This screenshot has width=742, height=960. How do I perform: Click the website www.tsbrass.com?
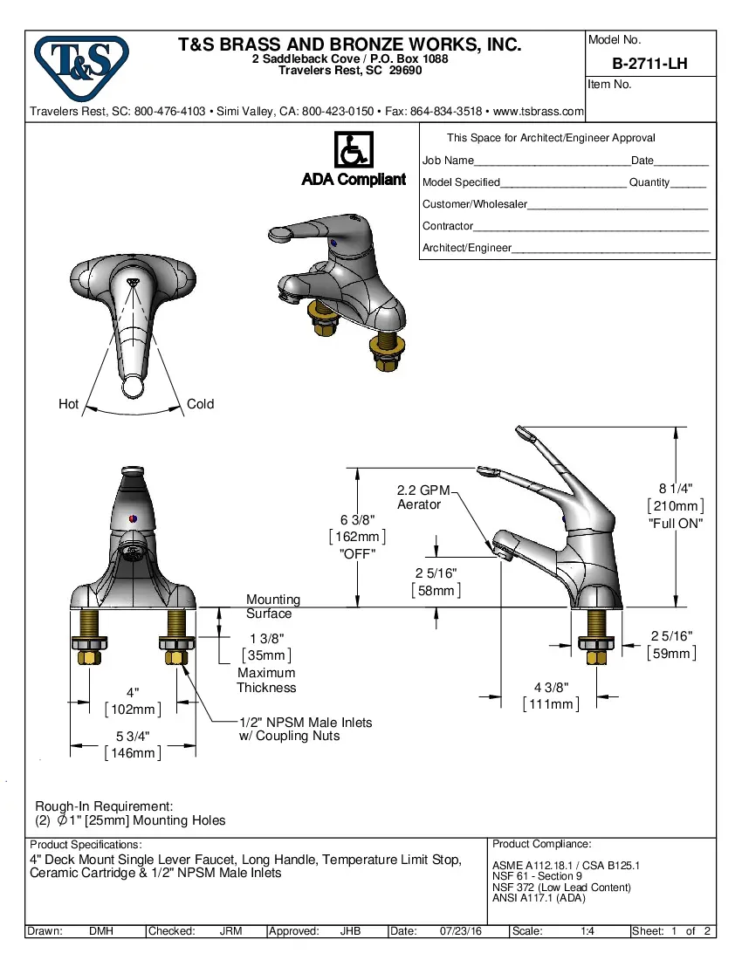point(539,112)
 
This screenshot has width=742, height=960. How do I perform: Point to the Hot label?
point(68,404)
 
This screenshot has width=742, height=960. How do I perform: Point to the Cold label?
point(200,404)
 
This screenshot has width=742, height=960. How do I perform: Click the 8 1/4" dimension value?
point(675,489)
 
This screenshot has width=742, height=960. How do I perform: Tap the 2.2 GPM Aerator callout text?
point(423,497)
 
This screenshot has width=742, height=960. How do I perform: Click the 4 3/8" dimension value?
point(551,688)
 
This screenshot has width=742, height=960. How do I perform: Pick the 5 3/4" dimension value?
point(132,737)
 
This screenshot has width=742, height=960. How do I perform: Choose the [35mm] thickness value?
point(266,655)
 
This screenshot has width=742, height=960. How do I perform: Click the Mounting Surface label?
point(272,607)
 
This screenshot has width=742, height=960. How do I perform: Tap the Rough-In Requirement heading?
point(104,806)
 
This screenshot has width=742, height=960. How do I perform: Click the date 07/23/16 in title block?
point(461,931)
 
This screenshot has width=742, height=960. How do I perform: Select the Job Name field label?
point(448,161)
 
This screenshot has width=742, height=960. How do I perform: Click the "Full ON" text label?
point(675,524)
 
